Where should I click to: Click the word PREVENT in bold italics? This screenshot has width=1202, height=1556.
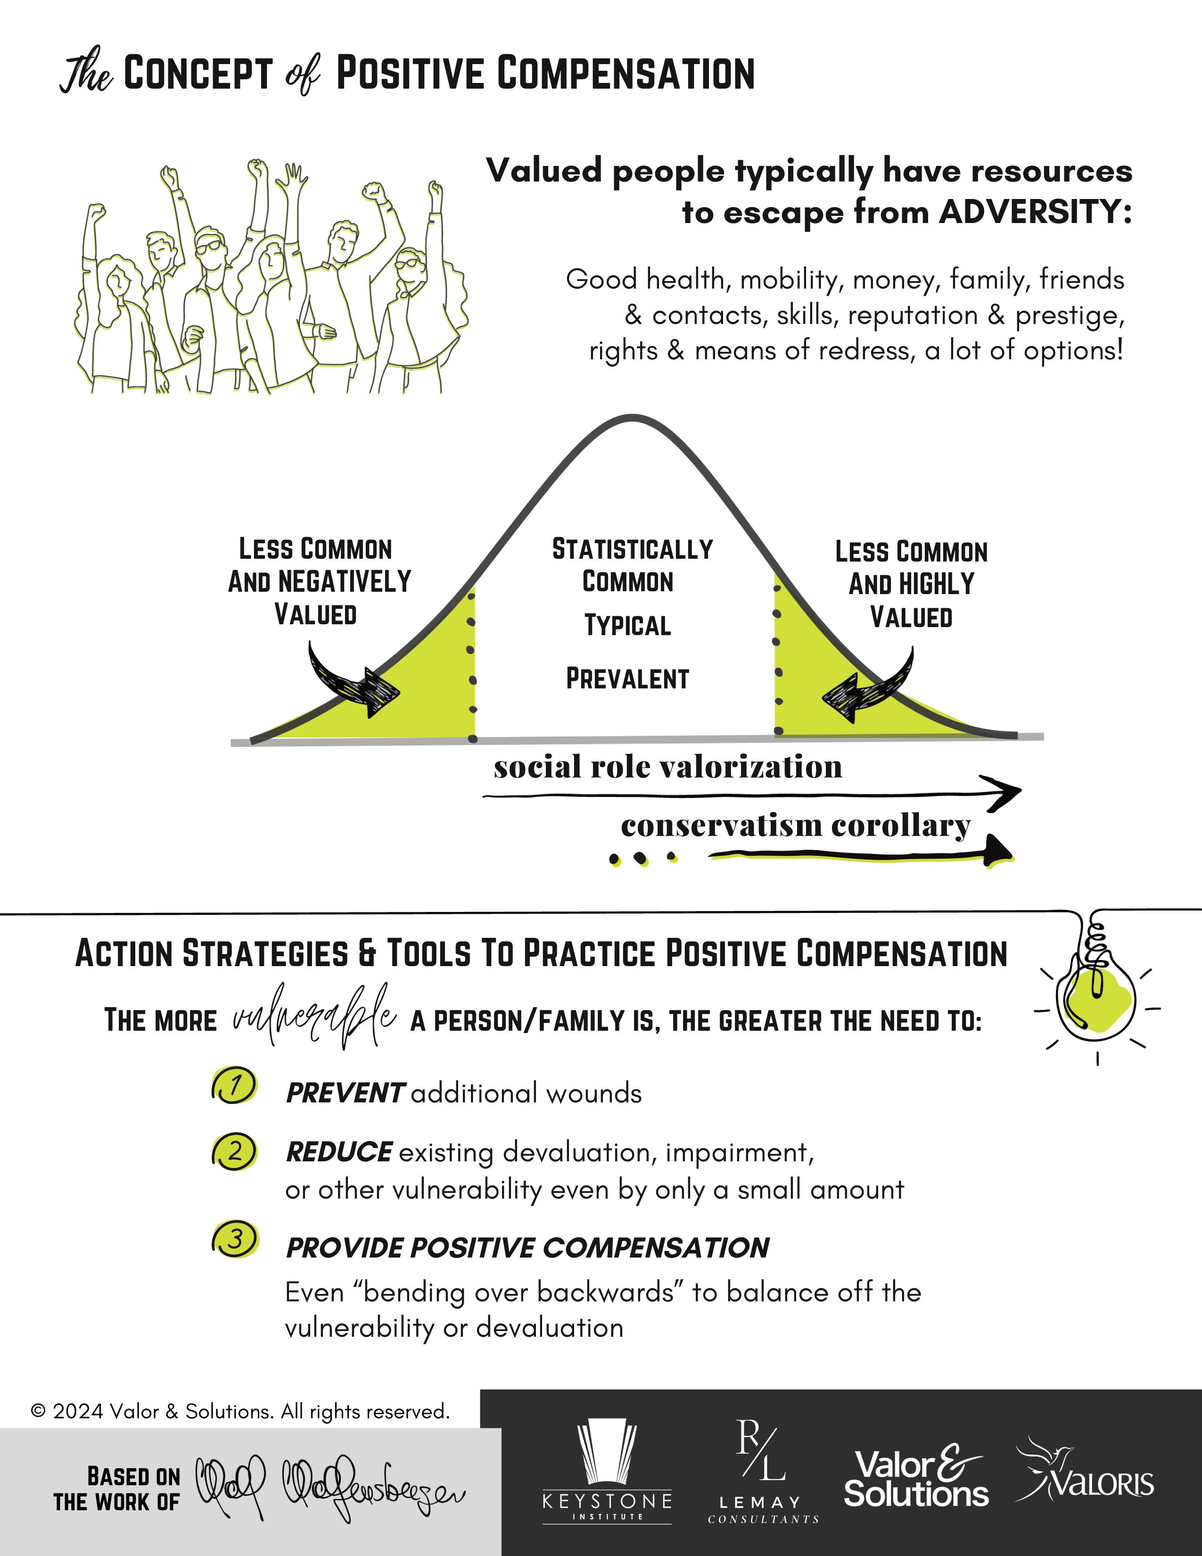[346, 1093]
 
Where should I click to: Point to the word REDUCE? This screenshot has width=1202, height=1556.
[338, 1152]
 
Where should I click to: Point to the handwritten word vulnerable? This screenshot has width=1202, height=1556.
[314, 1018]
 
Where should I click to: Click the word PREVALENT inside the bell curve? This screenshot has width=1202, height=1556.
[627, 679]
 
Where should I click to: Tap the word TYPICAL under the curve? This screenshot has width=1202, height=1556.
[627, 626]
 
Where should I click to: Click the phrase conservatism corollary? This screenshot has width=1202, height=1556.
[795, 826]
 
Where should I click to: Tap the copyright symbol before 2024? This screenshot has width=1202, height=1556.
[39, 1411]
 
